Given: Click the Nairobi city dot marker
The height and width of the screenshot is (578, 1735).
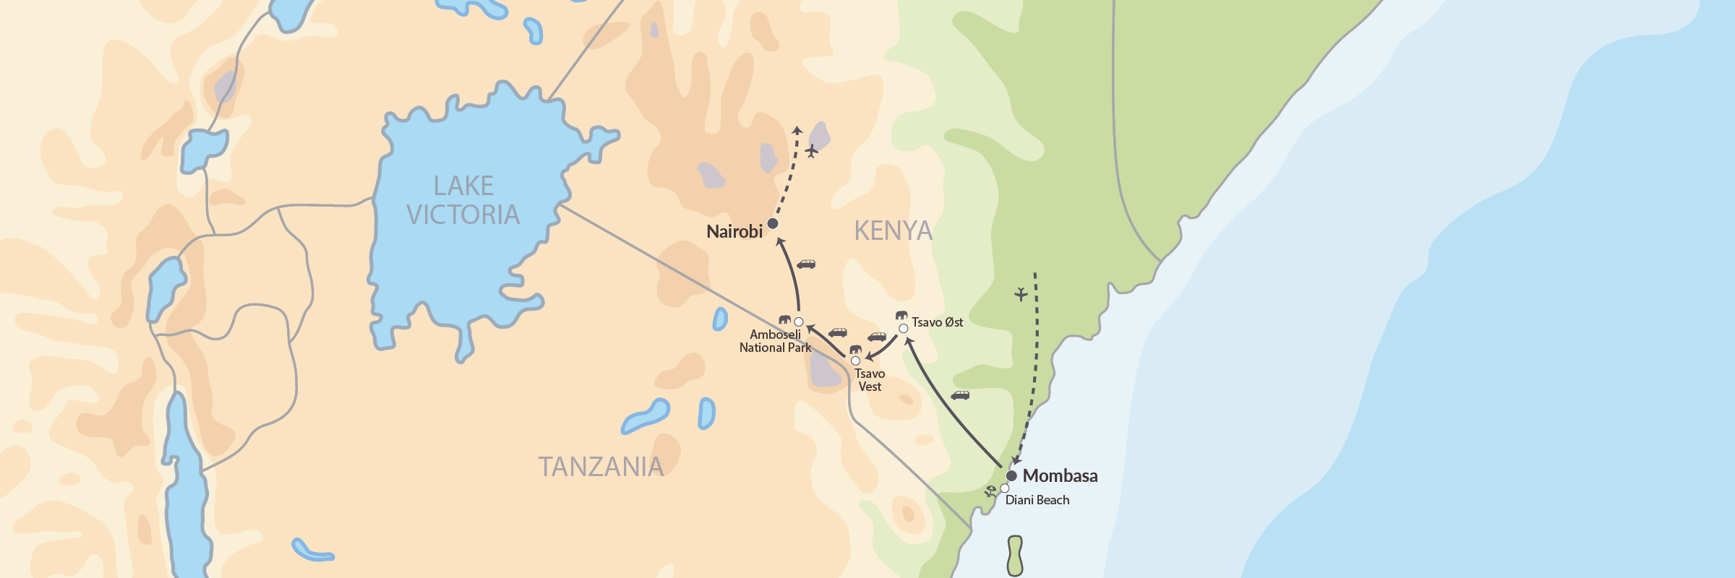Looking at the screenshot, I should click(x=773, y=223).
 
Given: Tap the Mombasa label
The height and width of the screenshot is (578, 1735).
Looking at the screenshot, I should click(x=1060, y=475).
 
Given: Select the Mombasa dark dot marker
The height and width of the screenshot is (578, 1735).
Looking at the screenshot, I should click(x=1011, y=475).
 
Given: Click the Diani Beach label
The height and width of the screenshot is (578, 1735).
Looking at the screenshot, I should click(x=1037, y=500).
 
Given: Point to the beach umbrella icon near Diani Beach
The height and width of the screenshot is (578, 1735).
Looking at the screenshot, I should click(x=990, y=491).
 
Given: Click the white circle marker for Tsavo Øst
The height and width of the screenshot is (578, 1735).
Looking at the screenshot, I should click(x=903, y=329).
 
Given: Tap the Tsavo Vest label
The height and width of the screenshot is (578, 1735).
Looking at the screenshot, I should click(x=870, y=380).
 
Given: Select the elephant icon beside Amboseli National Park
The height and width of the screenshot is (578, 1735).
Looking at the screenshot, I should click(x=784, y=319).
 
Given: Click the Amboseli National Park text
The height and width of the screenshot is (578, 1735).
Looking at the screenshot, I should click(x=775, y=341).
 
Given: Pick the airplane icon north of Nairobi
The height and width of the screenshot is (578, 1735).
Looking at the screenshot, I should click(x=812, y=151).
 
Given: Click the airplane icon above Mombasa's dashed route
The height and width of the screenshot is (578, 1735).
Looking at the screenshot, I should click(x=1021, y=294).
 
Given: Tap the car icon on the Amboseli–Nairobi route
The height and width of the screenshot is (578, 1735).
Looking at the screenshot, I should click(x=806, y=264).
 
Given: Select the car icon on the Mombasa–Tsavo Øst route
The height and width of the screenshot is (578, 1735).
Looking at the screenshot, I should click(x=960, y=395).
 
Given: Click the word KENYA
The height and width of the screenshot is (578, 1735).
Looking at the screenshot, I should click(x=893, y=231).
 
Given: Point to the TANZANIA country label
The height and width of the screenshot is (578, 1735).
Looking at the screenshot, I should click(x=600, y=467).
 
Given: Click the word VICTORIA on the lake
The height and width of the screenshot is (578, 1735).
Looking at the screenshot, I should click(x=463, y=215).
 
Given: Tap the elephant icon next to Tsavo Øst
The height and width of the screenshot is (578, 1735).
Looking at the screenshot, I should click(x=901, y=316).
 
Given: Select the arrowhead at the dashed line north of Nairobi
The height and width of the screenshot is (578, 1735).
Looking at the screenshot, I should click(x=797, y=130).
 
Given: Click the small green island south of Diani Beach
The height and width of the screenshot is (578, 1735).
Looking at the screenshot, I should click(x=1015, y=556).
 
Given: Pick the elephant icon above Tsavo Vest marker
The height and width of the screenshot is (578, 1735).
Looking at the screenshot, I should click(x=855, y=350).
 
